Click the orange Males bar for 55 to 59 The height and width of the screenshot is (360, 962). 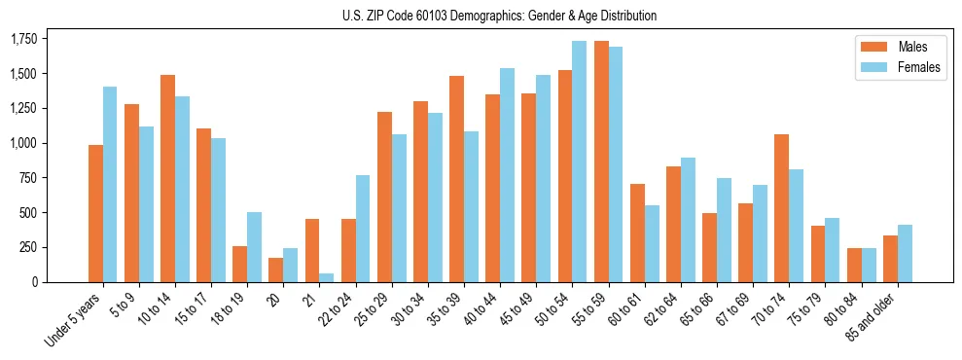click(x=601, y=162)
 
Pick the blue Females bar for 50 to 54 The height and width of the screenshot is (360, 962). click(x=580, y=162)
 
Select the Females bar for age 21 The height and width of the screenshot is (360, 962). click(x=327, y=277)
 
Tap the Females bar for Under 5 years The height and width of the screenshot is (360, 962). click(x=110, y=185)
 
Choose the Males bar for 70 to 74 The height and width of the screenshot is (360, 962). click(x=782, y=208)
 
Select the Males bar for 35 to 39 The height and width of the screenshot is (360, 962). click(x=456, y=179)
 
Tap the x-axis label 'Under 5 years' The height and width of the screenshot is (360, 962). click(x=76, y=321)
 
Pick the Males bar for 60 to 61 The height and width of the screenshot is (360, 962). click(x=637, y=233)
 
